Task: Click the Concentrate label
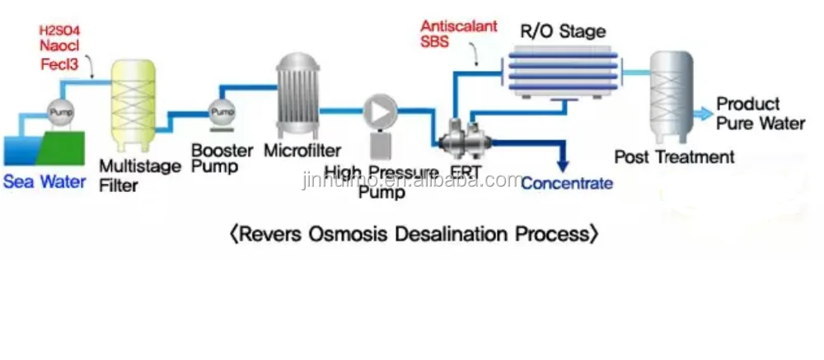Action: point(567,183)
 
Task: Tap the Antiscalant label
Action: point(459,26)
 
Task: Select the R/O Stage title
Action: point(563,32)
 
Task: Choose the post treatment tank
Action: point(671,96)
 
